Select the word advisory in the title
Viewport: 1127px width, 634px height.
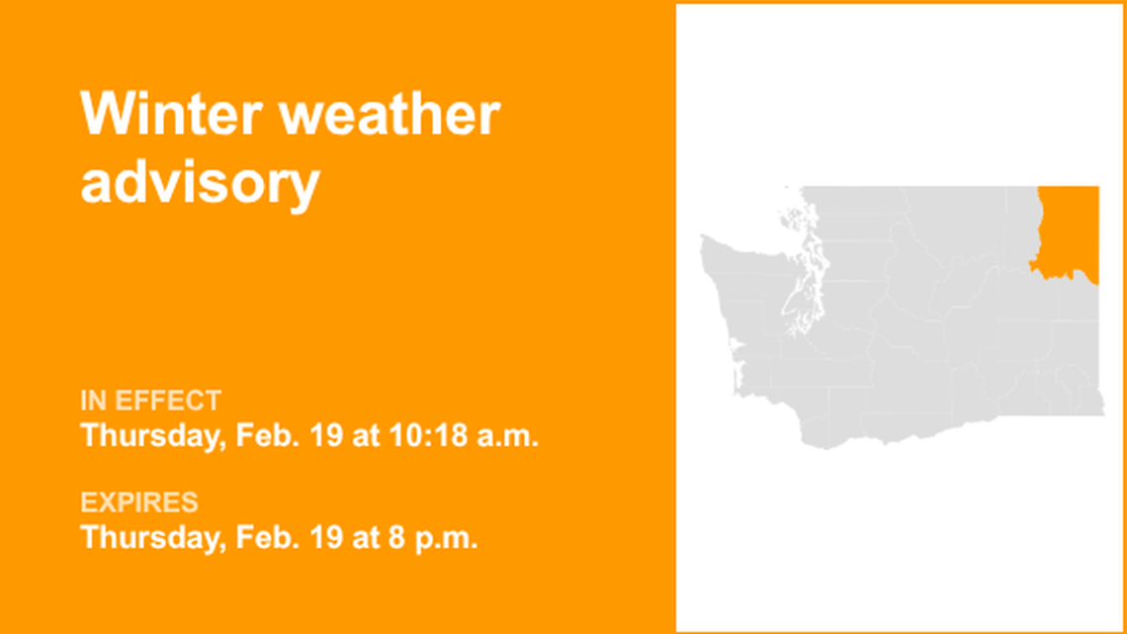(200, 183)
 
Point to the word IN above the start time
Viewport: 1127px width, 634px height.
(94, 401)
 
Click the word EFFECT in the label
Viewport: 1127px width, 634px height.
(168, 401)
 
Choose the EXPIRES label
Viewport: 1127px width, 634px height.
(138, 502)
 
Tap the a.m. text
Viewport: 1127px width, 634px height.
(508, 435)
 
